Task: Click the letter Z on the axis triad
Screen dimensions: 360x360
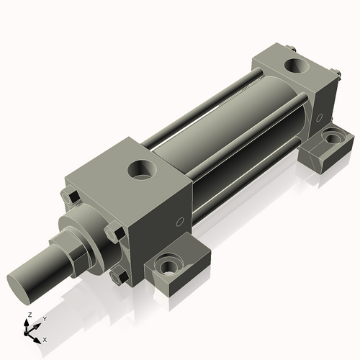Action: (x=29, y=315)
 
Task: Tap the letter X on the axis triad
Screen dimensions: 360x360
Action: (x=45, y=338)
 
